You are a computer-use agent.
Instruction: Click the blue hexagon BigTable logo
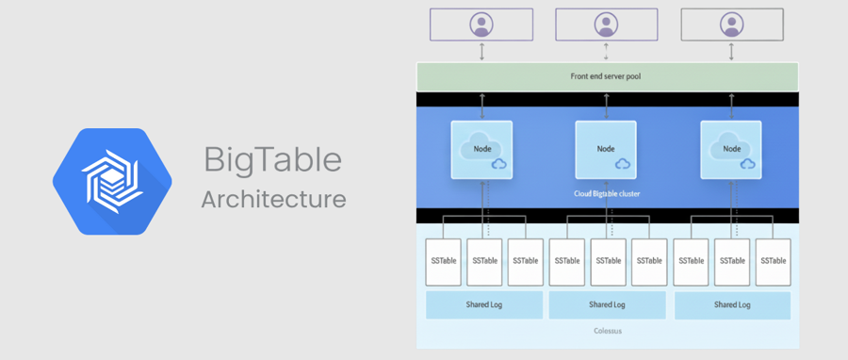coord(112,182)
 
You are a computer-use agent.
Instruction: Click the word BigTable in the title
coord(273,160)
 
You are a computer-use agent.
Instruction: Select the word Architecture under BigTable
coord(273,200)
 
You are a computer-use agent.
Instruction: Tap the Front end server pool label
coord(606,76)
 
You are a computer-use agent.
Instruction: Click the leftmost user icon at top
coord(481,25)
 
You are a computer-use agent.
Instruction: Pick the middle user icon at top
coord(606,25)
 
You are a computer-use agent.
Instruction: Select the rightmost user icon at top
coord(732,25)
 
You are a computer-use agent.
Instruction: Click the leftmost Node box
coord(481,150)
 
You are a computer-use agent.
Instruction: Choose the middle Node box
coord(606,150)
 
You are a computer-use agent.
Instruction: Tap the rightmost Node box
coord(731,150)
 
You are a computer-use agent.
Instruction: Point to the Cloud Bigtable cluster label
coord(607,193)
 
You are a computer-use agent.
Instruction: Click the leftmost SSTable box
coord(444,262)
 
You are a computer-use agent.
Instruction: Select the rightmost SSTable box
coord(773,262)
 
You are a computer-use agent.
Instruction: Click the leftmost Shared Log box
coord(484,304)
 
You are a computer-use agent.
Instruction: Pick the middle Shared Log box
coord(608,304)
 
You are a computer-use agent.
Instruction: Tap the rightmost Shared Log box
coord(732,304)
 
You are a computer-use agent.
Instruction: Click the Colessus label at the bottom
coord(608,331)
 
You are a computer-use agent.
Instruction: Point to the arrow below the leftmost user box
coord(481,51)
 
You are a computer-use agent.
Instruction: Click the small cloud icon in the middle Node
coord(623,164)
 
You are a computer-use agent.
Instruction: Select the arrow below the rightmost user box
coord(732,51)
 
